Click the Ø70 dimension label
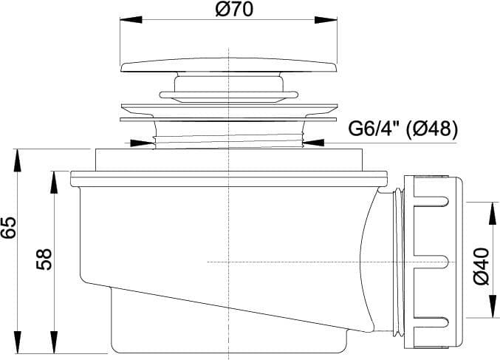(x=233, y=10)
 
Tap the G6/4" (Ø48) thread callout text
(x=403, y=129)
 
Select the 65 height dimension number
(x=9, y=227)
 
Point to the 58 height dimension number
(x=44, y=259)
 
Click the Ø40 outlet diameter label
(x=482, y=266)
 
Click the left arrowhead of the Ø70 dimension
(x=131, y=20)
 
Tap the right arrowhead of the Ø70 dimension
(x=326, y=20)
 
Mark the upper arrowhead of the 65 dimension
(x=18, y=160)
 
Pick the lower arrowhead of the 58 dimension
(x=54, y=342)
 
